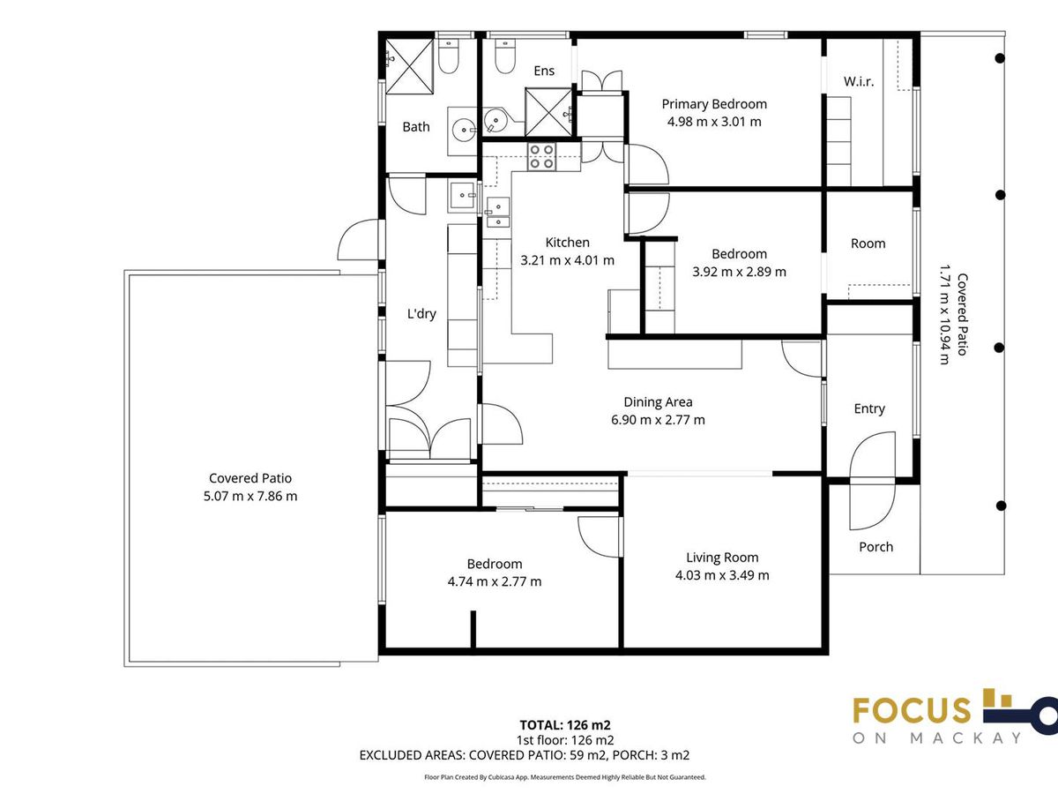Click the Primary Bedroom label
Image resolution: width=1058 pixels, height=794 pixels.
click(x=714, y=104)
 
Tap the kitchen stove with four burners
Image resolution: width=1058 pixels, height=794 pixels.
click(x=541, y=157)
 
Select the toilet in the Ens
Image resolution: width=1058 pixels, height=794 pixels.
click(x=505, y=56)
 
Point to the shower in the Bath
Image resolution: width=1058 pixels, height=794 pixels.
click(x=410, y=66)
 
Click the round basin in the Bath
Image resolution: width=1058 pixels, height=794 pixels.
click(x=464, y=130)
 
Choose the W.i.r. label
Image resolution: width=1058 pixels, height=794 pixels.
click(x=859, y=81)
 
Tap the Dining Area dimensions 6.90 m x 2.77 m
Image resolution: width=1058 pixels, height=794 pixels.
click(x=658, y=420)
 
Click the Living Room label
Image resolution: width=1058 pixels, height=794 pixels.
click(x=722, y=558)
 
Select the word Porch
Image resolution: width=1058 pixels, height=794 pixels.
click(x=875, y=547)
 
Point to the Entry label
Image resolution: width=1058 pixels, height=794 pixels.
click(x=869, y=408)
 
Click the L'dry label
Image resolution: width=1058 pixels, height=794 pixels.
click(x=421, y=314)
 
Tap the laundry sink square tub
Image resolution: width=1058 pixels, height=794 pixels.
click(x=463, y=195)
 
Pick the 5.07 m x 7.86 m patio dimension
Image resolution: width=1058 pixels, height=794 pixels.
click(x=250, y=496)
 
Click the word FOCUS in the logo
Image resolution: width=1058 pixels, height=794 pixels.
click(x=912, y=710)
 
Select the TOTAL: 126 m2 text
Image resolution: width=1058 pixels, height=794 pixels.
click(x=565, y=725)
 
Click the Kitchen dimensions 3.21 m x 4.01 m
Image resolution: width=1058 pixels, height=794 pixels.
click(x=567, y=260)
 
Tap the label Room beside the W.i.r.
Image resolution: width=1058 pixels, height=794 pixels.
click(x=868, y=243)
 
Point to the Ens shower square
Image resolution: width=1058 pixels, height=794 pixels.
click(x=548, y=112)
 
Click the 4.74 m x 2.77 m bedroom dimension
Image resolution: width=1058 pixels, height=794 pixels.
click(x=495, y=581)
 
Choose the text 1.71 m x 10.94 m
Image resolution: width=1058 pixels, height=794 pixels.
click(x=945, y=314)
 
